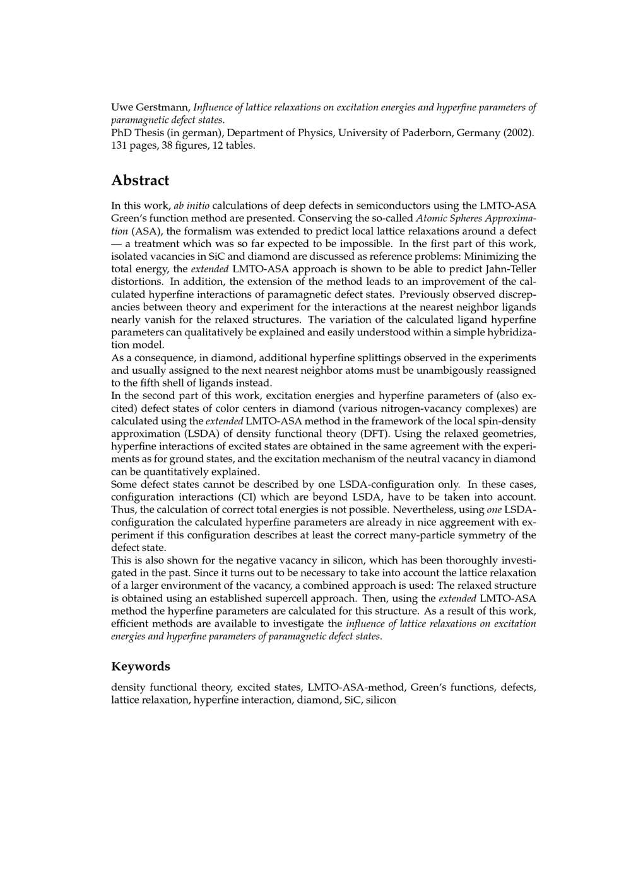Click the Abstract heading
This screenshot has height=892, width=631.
coord(140,180)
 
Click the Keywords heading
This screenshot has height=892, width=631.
coord(140,666)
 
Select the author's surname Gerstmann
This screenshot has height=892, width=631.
coord(162,107)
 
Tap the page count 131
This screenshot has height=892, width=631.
coord(120,145)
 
